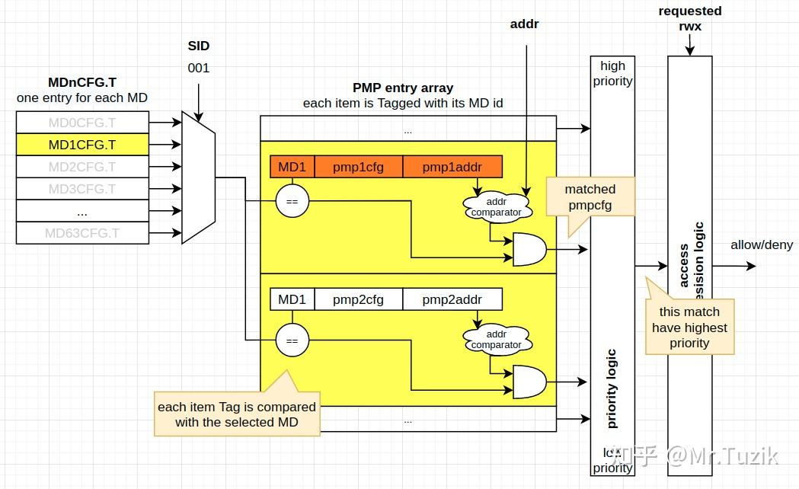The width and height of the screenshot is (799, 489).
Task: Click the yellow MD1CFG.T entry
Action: pos(82,145)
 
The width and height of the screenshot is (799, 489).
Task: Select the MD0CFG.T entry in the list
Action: pos(82,123)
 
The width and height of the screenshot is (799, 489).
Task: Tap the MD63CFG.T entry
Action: pos(82,233)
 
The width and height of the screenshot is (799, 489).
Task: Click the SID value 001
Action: pos(199,68)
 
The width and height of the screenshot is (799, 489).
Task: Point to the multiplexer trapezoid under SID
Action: pos(199,177)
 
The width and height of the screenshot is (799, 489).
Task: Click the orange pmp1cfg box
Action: pos(357,167)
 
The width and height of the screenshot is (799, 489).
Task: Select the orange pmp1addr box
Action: pos(452,167)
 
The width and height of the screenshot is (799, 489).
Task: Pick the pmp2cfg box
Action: pos(358,299)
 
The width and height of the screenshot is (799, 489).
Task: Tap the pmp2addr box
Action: pos(452,299)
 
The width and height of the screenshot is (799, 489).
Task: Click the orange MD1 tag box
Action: pos(292,167)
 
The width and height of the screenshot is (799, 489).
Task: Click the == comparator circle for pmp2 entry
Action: pos(292,340)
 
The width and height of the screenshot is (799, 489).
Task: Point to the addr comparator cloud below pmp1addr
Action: pos(496,206)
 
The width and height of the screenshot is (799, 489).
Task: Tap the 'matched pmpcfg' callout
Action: pos(590,197)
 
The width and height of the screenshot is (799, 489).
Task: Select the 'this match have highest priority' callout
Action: pos(689,328)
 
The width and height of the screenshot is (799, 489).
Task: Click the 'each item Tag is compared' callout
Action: pos(237,414)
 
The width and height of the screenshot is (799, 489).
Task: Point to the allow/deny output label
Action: pos(761,244)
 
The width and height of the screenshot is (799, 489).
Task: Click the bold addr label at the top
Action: pos(524,24)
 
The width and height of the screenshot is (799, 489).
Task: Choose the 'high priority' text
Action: pos(612,73)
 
